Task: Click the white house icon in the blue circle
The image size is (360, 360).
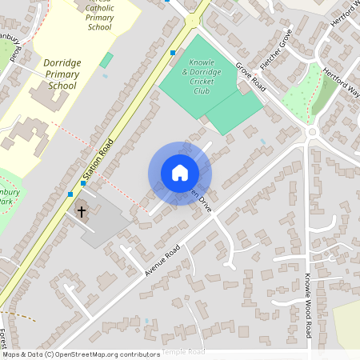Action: (180, 173)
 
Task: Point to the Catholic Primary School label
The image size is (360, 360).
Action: (99, 17)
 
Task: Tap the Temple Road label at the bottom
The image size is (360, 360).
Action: (183, 352)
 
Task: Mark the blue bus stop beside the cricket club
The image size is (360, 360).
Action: (173, 53)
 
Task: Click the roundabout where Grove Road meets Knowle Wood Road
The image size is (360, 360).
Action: (312, 131)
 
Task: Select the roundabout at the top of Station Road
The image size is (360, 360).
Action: (192, 19)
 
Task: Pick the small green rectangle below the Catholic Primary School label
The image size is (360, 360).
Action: (106, 60)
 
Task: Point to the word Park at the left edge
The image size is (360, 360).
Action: (6, 202)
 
